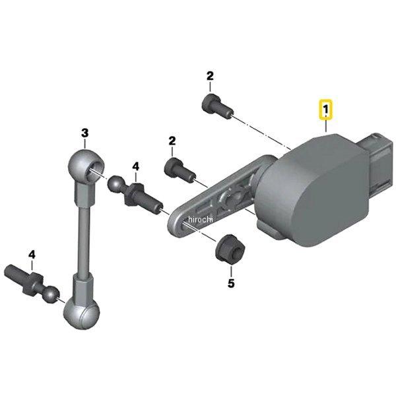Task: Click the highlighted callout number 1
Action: (x=326, y=110)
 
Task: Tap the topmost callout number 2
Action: (x=210, y=76)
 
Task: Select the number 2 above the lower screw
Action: (x=172, y=141)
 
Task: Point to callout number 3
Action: (x=85, y=133)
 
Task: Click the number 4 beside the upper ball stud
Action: (x=135, y=167)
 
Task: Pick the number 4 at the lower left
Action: (x=32, y=255)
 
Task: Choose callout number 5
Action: (x=231, y=283)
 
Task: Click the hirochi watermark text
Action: (x=201, y=219)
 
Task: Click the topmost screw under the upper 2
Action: (x=217, y=106)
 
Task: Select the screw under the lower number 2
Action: (x=180, y=170)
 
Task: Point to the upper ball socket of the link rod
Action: (x=86, y=166)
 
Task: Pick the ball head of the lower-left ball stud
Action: (x=51, y=294)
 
